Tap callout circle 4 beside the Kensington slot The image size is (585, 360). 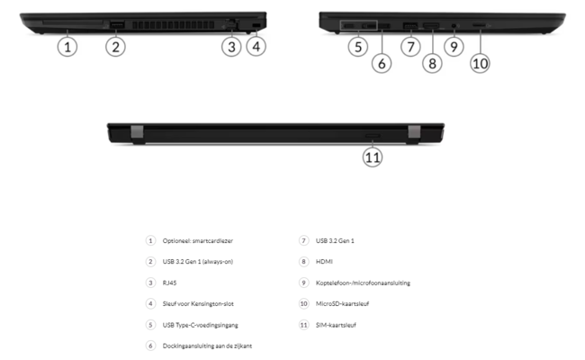point(256,45)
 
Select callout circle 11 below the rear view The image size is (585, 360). point(373,157)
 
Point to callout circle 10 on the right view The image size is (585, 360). point(480,63)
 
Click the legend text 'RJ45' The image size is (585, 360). point(167,283)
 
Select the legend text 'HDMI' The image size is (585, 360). point(321,261)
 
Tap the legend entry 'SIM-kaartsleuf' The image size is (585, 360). point(334,324)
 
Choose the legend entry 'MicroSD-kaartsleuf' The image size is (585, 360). point(341,303)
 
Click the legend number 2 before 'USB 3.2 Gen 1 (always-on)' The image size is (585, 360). point(150,261)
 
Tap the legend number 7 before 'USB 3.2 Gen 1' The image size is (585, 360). point(303,240)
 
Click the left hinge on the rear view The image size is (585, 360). point(136,132)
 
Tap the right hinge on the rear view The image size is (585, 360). point(414,132)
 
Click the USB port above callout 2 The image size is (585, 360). point(116,22)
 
